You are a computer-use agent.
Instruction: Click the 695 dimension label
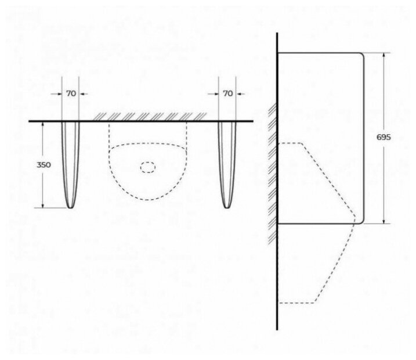click(x=384, y=138)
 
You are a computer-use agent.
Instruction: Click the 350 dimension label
click(x=44, y=165)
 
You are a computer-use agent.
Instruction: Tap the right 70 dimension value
click(x=228, y=93)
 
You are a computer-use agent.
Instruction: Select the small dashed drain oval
click(x=148, y=168)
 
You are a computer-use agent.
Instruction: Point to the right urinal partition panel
click(x=227, y=163)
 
